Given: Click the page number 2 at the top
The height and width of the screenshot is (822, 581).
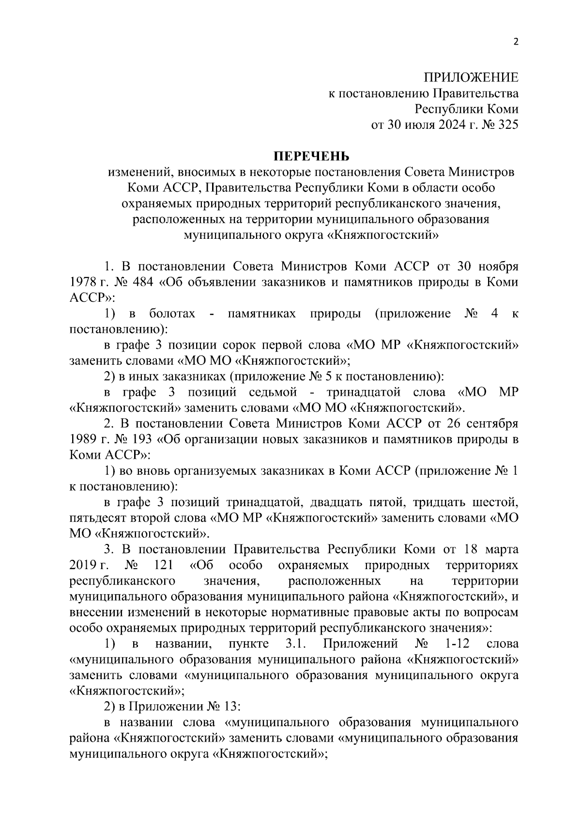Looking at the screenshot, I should coord(516,42).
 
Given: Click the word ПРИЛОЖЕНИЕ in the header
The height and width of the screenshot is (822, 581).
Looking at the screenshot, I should coord(471,78).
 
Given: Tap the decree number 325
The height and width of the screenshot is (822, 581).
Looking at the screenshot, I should coord(508,125).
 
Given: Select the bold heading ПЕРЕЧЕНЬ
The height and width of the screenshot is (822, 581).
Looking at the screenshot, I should coord(312,156).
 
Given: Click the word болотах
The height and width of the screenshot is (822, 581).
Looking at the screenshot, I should coord(172,314).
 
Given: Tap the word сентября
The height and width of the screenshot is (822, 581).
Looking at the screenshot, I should coord(492,424).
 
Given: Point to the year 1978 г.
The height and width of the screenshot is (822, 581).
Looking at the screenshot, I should coord(87,282).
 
